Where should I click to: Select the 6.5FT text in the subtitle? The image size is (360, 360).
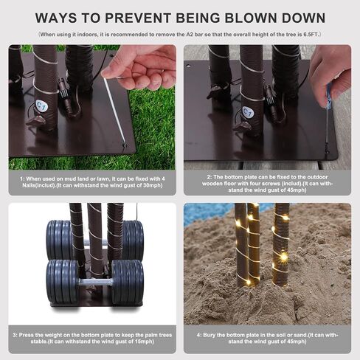click(x=311, y=35)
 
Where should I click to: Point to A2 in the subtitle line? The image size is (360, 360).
click(x=189, y=35)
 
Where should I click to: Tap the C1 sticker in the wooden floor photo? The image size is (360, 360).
click(x=248, y=112)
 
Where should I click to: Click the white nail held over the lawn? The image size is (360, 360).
click(x=114, y=111)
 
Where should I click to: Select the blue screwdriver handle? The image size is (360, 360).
click(x=329, y=95)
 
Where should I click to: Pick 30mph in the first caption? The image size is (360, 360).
click(x=153, y=185)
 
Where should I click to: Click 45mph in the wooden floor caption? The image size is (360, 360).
click(x=297, y=190)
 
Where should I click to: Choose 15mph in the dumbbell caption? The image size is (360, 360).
click(x=144, y=342)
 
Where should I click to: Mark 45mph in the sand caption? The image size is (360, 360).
click(x=297, y=342)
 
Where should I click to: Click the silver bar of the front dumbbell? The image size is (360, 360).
click(x=95, y=282)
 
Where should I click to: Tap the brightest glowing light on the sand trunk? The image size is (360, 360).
click(x=284, y=257)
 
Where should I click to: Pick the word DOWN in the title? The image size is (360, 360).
click(x=303, y=18)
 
